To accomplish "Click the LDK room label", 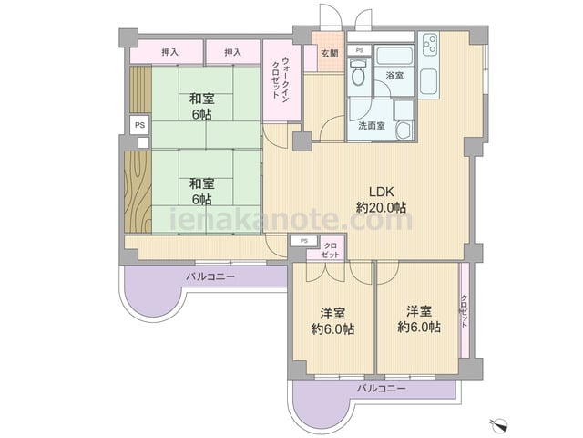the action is coord(381,199).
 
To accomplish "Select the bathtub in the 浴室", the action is coord(394,56).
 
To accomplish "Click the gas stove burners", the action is coord(429,45).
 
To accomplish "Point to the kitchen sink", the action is coord(429,82).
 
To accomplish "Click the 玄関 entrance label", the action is coord(330,53).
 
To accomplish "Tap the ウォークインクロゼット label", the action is coord(281,78).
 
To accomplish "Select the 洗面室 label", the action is coord(372,126).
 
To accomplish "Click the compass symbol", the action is coord(498,423).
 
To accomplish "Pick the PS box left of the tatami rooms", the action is coord(139,125).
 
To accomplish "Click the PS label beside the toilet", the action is coord(359,50).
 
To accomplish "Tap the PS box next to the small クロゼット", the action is coord(303,241).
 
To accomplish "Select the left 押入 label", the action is coord(169,52).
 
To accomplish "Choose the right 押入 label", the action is coord(233,52).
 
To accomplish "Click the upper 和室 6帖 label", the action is coord(202,107).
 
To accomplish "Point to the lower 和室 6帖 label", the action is coord(202,192).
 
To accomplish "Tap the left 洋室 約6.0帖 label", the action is coord(332,320).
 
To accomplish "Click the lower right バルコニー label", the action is coord(382,390).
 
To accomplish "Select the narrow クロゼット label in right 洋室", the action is coord(464,312).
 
